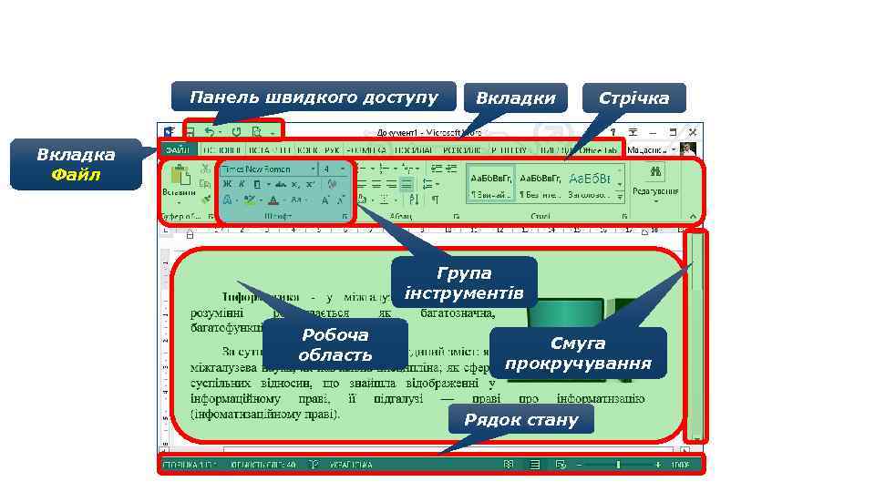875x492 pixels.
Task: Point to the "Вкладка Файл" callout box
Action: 76,164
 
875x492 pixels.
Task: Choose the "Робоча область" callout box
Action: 335,345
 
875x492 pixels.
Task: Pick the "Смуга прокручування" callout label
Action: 578,354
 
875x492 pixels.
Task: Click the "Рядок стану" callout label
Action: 520,420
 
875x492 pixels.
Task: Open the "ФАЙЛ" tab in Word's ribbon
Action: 178,149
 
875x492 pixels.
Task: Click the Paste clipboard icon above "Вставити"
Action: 180,175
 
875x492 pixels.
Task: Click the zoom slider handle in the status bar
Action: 618,465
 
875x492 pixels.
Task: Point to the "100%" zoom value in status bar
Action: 680,465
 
